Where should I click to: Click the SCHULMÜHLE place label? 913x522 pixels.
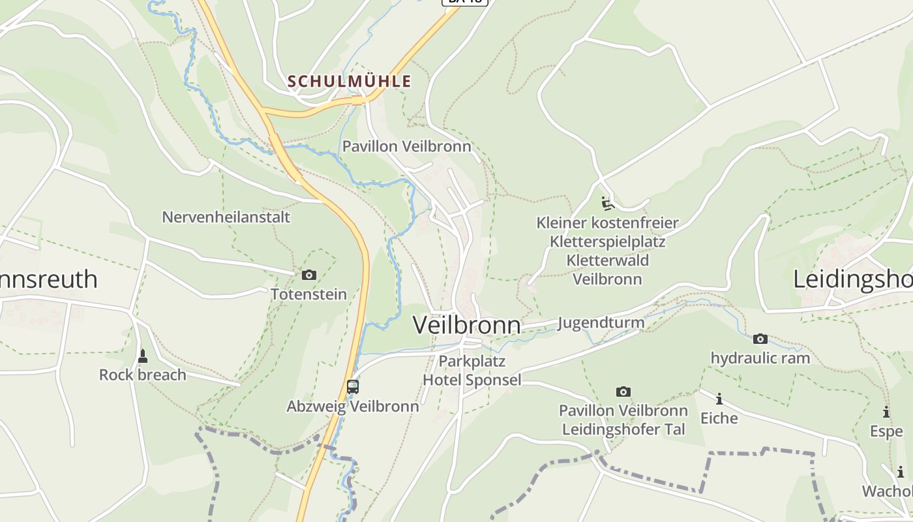point(350,82)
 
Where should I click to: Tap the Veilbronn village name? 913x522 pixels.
point(467,325)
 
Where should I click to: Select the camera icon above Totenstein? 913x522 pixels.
point(309,275)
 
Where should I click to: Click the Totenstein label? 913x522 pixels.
point(309,294)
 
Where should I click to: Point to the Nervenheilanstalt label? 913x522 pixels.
point(226,217)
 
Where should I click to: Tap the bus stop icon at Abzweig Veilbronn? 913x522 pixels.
point(353,387)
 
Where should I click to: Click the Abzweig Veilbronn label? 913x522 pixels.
point(353,407)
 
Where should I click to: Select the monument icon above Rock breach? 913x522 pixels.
point(143,356)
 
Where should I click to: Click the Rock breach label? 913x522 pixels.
point(143,375)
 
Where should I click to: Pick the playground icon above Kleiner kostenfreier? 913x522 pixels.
point(608,204)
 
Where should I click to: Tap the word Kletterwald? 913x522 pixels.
point(608,260)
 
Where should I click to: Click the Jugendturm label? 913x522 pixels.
point(601,322)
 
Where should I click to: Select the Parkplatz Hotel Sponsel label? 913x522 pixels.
point(472,371)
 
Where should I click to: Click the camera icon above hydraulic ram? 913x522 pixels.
point(760,339)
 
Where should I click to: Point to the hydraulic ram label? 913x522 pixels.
point(760,358)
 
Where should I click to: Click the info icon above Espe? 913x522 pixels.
point(886,412)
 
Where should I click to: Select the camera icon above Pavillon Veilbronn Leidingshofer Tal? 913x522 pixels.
point(623,392)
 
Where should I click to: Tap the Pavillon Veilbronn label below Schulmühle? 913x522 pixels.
point(407,146)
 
